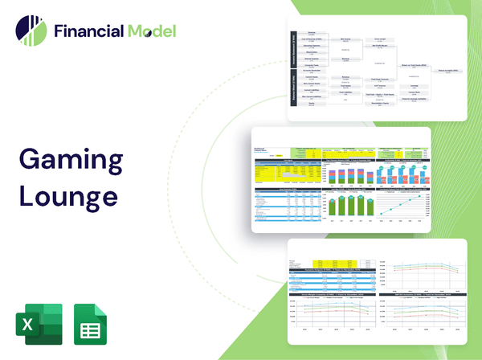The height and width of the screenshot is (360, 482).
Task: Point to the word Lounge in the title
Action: click(x=68, y=195)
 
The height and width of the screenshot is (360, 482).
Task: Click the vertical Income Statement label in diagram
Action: click(x=294, y=50)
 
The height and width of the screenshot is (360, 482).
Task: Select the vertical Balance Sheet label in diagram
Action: click(x=294, y=94)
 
